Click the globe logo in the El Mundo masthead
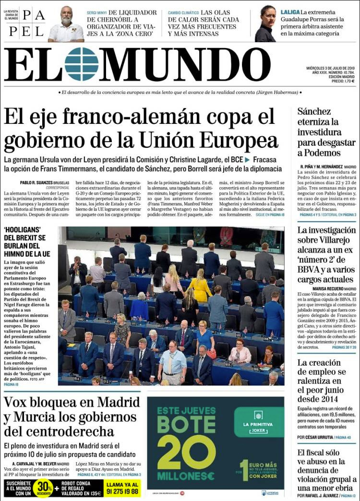[82, 64]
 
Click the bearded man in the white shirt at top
[66, 24]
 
